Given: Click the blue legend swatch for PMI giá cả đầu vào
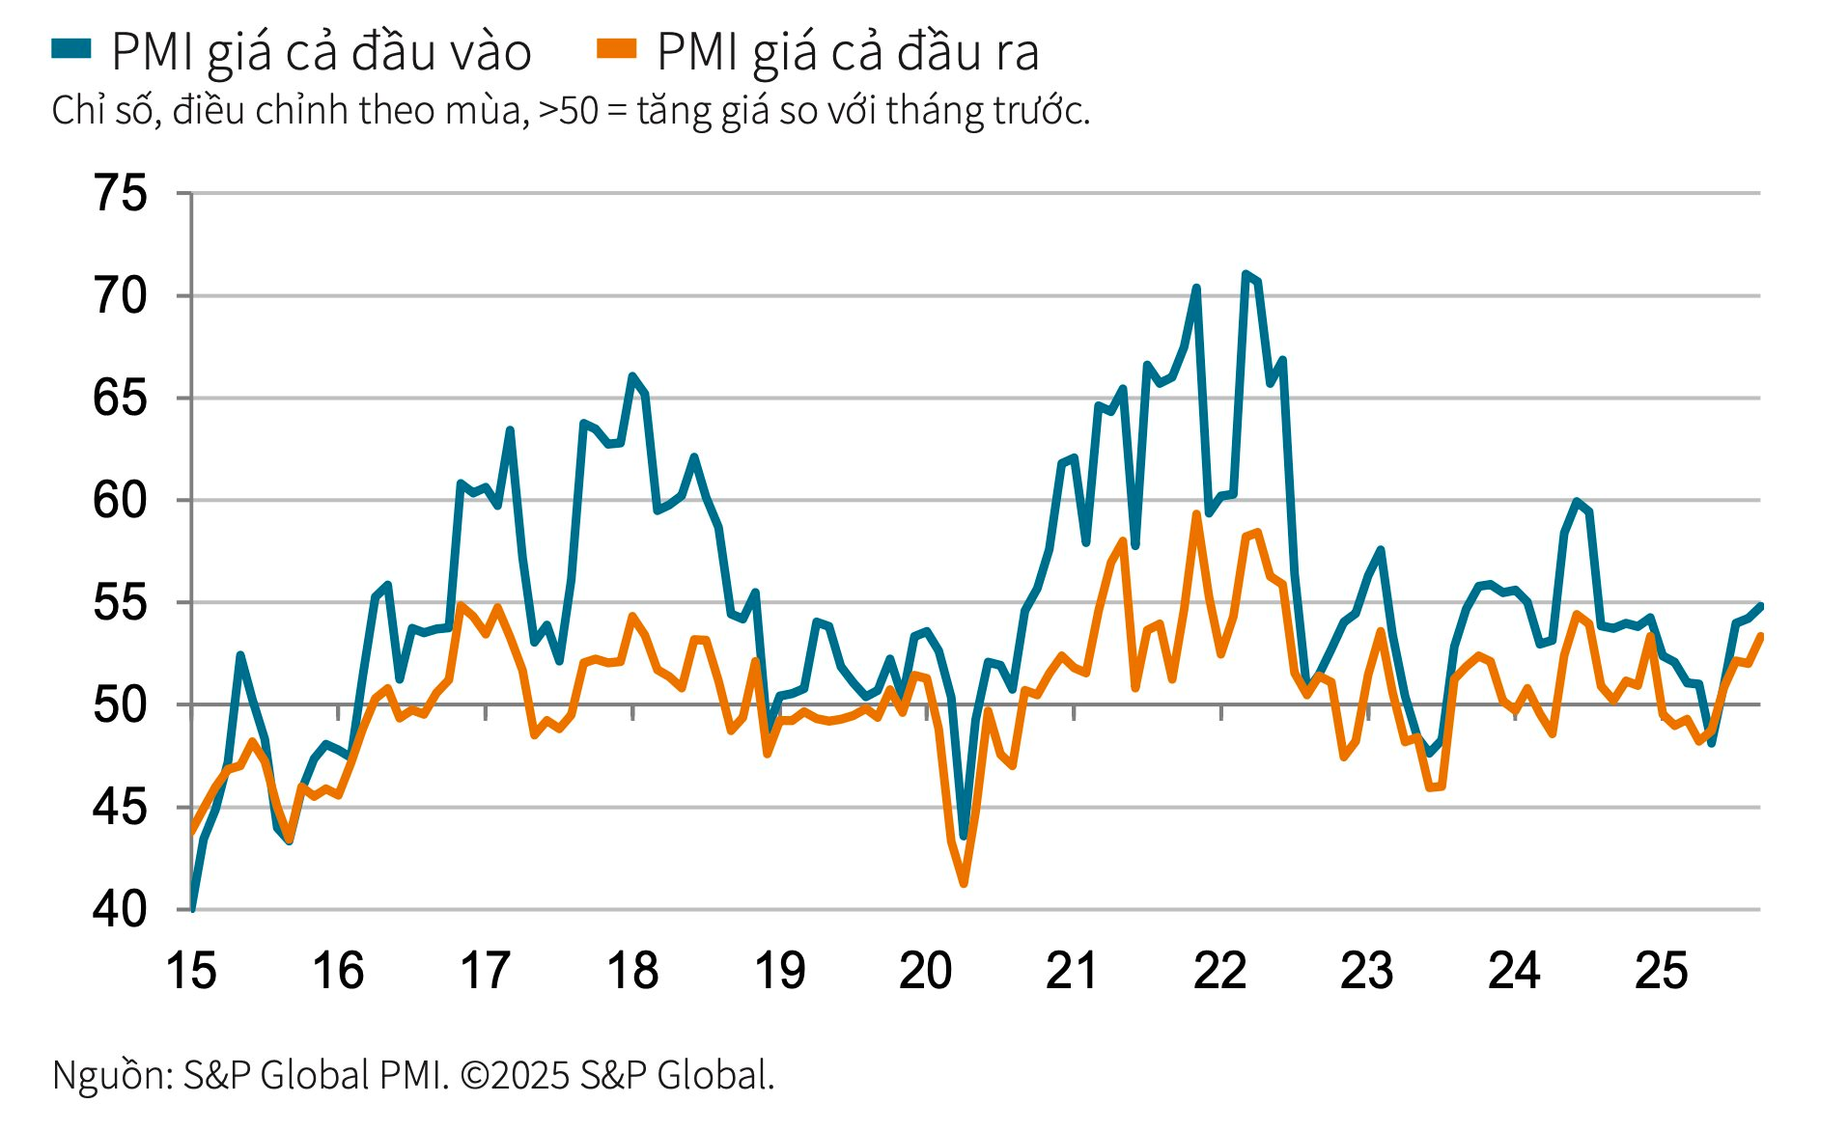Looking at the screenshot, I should click(70, 48).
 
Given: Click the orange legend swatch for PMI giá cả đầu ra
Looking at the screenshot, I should click(616, 48).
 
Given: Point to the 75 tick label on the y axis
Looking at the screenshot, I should click(121, 193).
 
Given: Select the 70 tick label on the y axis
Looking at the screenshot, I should click(121, 295).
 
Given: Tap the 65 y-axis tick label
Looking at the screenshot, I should click(121, 398).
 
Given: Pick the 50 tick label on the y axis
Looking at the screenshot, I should click(121, 704).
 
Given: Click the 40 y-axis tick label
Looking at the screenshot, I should click(121, 909).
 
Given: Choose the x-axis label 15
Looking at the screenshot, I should click(191, 971).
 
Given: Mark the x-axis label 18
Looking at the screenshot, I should click(632, 971).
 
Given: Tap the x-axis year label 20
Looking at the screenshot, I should click(926, 971).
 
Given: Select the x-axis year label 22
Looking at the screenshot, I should click(1220, 971).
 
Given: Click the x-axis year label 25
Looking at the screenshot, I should click(1661, 971).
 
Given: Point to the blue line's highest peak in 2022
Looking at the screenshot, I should click(1246, 275).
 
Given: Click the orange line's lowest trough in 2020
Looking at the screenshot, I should click(964, 883).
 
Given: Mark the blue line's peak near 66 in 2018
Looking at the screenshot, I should click(632, 376).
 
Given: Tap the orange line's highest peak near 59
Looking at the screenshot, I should click(1196, 514).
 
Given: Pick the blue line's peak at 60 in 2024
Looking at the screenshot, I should click(1576, 501).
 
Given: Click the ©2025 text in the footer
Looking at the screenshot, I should click(515, 1075).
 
